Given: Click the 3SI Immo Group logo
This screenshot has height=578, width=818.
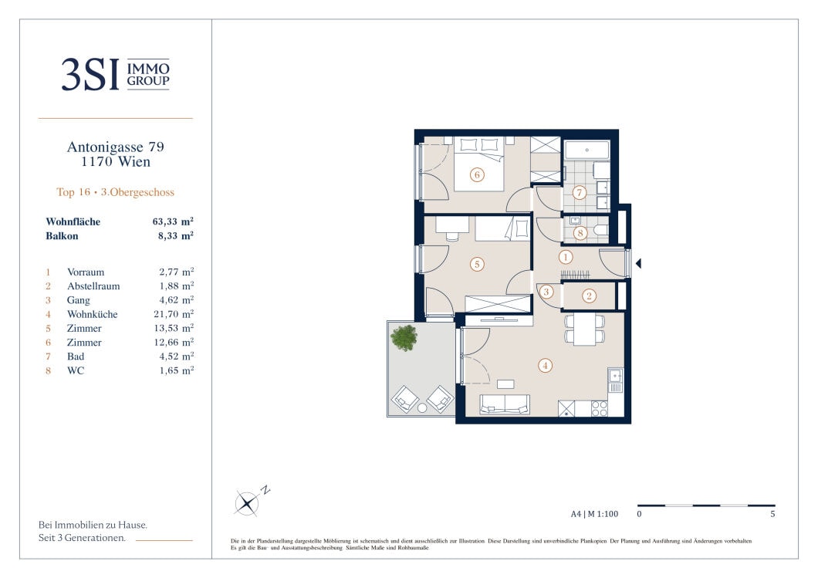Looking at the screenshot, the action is coord(115,75).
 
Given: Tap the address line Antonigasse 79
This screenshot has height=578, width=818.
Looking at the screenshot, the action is coord(115,147).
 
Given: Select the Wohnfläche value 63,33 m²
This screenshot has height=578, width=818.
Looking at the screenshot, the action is coord(173,221).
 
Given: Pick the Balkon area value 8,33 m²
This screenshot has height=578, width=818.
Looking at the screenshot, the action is coord(176,235).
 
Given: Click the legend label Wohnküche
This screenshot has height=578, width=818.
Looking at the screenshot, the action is coord(93,314).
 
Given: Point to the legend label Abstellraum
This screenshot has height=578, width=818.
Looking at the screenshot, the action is coord(93,286).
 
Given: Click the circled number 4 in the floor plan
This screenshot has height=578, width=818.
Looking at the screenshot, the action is coord(545,366).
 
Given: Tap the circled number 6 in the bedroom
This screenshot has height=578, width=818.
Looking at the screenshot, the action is coord(477,174).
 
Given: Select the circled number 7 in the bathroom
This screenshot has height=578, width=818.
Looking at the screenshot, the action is coord(579,192).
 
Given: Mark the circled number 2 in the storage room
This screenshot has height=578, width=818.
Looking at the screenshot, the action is coord(589,296).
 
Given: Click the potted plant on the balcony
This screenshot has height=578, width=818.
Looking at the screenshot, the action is coord(404,337).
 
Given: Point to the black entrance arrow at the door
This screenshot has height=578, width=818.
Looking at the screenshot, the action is coord(638,263).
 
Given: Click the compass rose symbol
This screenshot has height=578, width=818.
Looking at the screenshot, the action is coord(246,503).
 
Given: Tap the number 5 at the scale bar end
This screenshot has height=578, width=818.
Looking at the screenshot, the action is coord(772,514).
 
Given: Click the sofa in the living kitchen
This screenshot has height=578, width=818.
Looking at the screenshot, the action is coord(505,404).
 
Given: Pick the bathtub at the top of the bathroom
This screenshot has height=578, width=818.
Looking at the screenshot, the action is coord(587,150).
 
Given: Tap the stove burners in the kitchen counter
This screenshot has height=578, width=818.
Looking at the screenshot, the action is coord(599,408).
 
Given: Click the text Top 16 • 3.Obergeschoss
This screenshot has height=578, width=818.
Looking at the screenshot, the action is coord(115,192).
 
